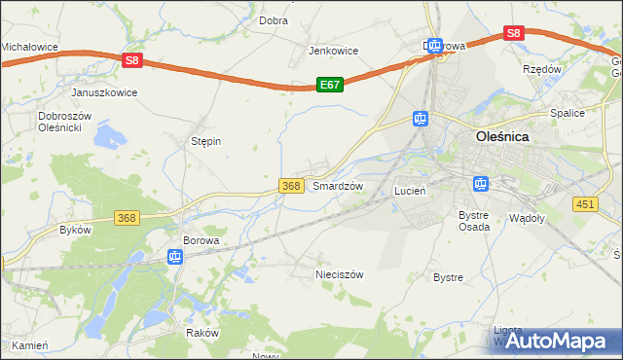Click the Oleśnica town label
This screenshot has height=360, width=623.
502,137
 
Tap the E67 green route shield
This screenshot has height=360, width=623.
330,86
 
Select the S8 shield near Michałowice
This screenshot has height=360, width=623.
133,60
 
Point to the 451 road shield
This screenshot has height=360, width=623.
584,203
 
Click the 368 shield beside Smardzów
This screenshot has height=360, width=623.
290,185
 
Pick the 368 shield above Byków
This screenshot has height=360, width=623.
127,218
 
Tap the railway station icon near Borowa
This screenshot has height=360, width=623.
175,257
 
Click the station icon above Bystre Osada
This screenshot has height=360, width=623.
480,183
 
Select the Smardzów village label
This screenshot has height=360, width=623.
338,186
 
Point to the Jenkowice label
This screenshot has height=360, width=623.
333,51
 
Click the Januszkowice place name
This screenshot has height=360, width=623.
104,92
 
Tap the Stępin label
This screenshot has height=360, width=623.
205,141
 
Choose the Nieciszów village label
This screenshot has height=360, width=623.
339,274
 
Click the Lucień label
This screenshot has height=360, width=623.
410,192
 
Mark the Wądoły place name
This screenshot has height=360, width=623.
528,219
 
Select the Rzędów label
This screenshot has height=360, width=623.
542,70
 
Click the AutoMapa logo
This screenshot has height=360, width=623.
557,341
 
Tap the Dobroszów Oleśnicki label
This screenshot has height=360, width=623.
64,122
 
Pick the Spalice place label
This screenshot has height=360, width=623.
567,113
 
